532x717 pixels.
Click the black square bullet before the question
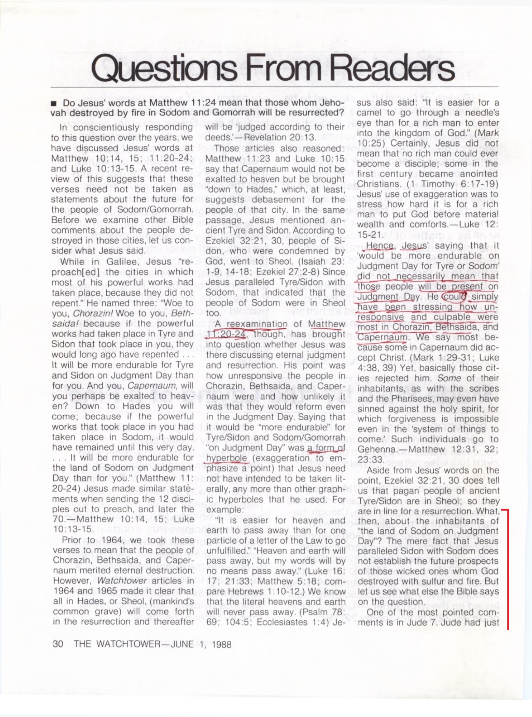(54, 104)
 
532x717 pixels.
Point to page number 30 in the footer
(58, 644)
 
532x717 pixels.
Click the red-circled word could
(454, 296)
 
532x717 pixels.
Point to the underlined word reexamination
(257, 324)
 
